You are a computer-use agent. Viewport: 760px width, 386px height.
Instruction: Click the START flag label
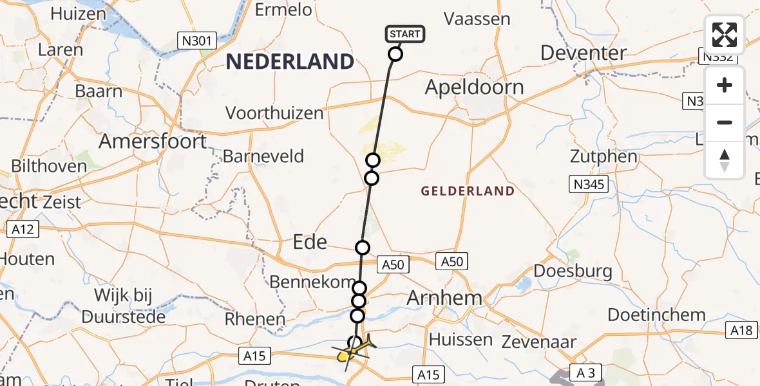pyautogui.click(x=405, y=34)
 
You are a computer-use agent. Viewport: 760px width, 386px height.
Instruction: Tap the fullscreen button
pyautogui.click(x=725, y=35)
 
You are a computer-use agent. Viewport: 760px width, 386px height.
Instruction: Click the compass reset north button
pyautogui.click(x=725, y=160)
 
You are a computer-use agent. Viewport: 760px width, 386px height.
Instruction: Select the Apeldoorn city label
pyautogui.click(x=474, y=87)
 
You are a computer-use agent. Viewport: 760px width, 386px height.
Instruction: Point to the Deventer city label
pyautogui.click(x=584, y=53)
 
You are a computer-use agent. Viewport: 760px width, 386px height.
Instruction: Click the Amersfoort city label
pyautogui.click(x=152, y=141)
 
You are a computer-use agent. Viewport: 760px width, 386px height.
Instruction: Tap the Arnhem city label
pyautogui.click(x=445, y=298)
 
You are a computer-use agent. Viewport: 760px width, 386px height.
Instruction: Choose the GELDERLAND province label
pyautogui.click(x=468, y=191)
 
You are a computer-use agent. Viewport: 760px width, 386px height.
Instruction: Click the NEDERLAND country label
pyautogui.click(x=290, y=62)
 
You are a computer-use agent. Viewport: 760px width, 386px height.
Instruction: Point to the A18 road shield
pyautogui.click(x=742, y=331)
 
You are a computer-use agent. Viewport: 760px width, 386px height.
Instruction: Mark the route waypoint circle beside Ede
pyautogui.click(x=363, y=248)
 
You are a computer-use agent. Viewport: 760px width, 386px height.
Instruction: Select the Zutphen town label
pyautogui.click(x=603, y=156)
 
